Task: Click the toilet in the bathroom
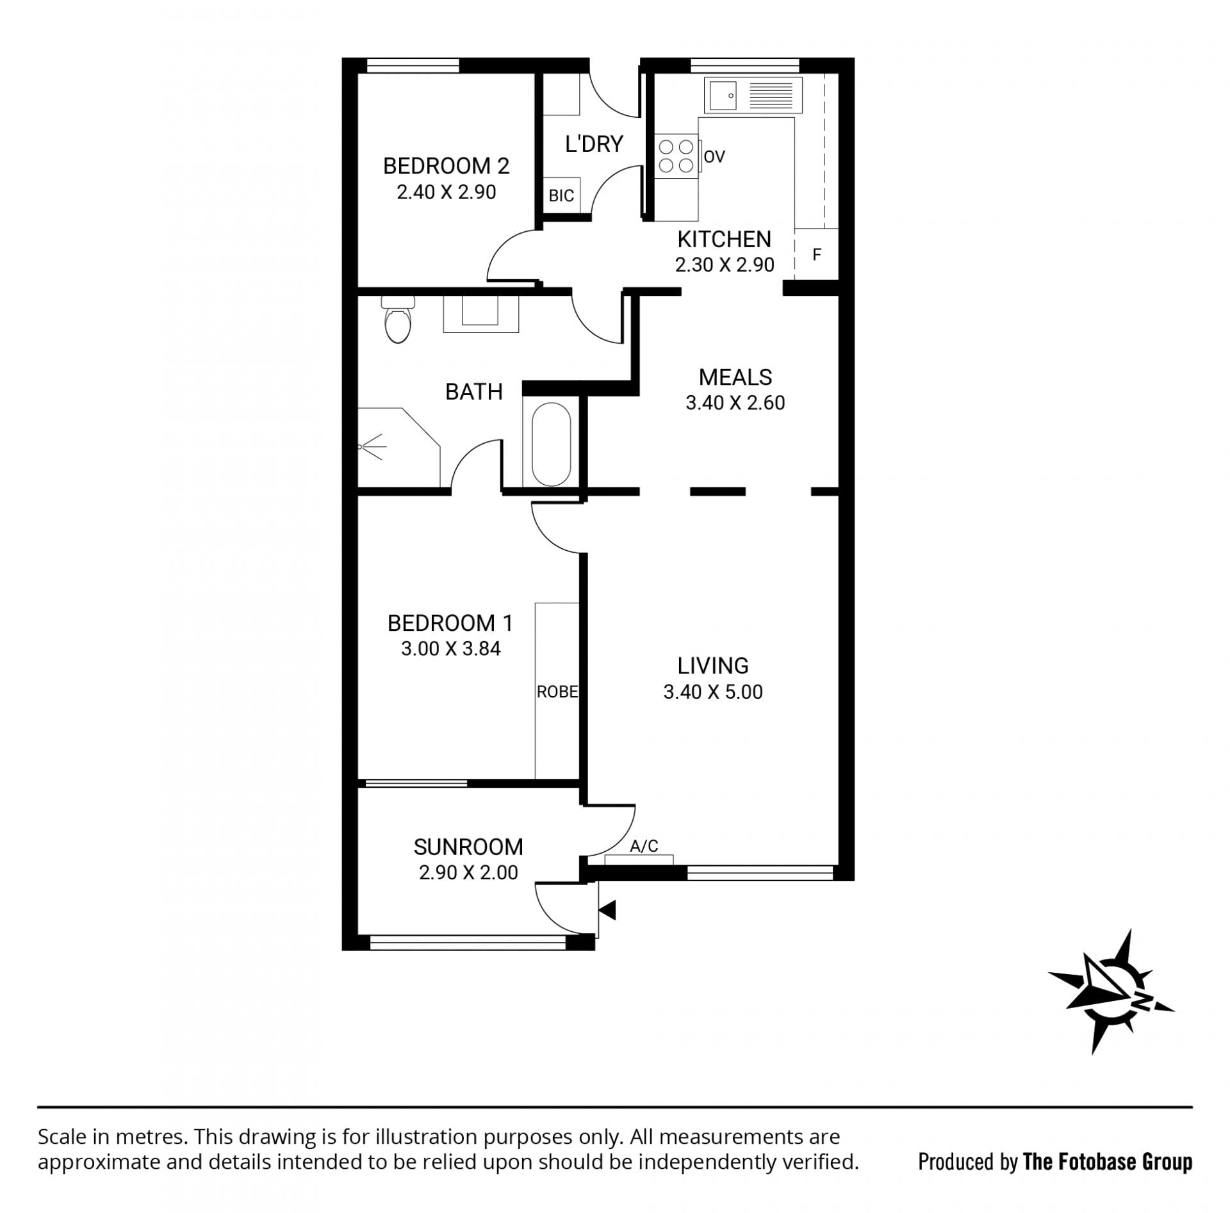(398, 319)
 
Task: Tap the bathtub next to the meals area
(551, 444)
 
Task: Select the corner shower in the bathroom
(398, 446)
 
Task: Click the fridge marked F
(816, 254)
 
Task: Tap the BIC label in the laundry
(561, 195)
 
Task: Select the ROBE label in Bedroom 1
(557, 692)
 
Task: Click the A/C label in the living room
(644, 846)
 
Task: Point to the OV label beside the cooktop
(714, 156)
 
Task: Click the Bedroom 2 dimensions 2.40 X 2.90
(447, 192)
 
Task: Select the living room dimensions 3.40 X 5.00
(713, 692)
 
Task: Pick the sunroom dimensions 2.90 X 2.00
(468, 872)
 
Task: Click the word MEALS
(735, 377)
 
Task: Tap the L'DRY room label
(594, 144)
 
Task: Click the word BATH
(474, 391)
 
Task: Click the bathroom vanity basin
(480, 313)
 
